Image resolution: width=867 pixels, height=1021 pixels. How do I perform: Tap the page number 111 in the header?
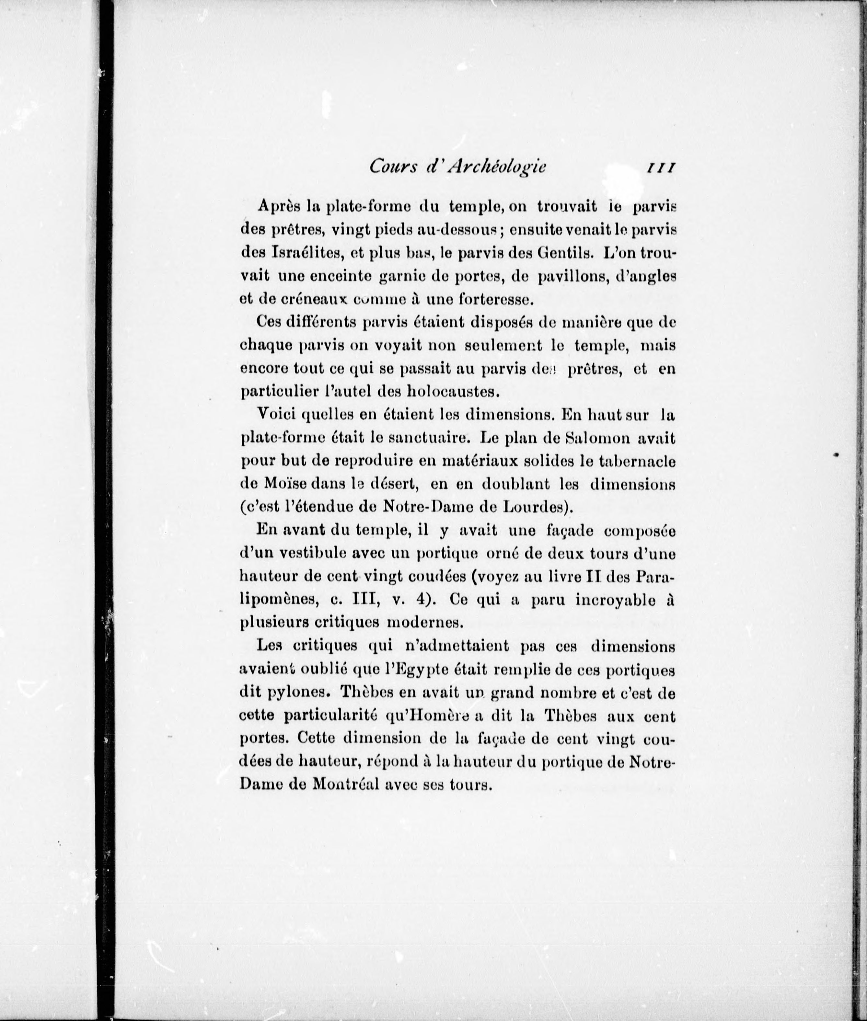click(x=660, y=167)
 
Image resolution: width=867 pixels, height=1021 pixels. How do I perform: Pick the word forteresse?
click(x=486, y=299)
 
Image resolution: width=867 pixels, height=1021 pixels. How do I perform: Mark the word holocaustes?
click(x=451, y=392)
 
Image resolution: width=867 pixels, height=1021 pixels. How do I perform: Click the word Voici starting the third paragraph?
click(x=276, y=414)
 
